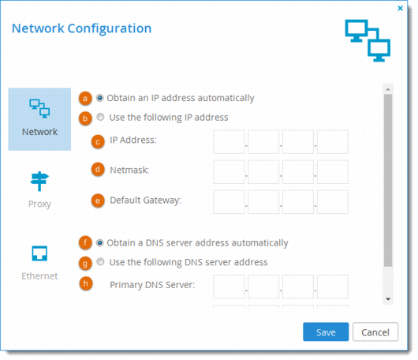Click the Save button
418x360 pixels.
[x=326, y=332]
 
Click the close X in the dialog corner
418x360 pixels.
[x=400, y=8]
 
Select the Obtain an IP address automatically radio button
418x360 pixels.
[x=99, y=98]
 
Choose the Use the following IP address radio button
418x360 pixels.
[x=100, y=117]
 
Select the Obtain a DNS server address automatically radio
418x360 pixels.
[x=99, y=243]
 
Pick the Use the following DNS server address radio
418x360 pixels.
[x=100, y=262]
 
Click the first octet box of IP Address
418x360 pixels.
[x=229, y=141]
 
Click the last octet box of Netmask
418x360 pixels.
[x=332, y=172]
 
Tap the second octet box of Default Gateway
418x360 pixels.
[x=263, y=202]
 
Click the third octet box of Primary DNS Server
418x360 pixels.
[x=298, y=287]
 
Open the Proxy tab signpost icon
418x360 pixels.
[x=39, y=182]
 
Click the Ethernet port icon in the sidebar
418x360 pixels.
[x=39, y=253]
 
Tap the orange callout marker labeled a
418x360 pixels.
[x=85, y=99]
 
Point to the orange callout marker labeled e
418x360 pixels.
[x=98, y=201]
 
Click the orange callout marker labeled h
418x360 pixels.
[x=86, y=283]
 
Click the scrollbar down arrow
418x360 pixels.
[x=388, y=299]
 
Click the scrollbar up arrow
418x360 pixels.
[x=388, y=89]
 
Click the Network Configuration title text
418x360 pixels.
[x=81, y=28]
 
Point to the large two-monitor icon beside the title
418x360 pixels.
[x=368, y=40]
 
